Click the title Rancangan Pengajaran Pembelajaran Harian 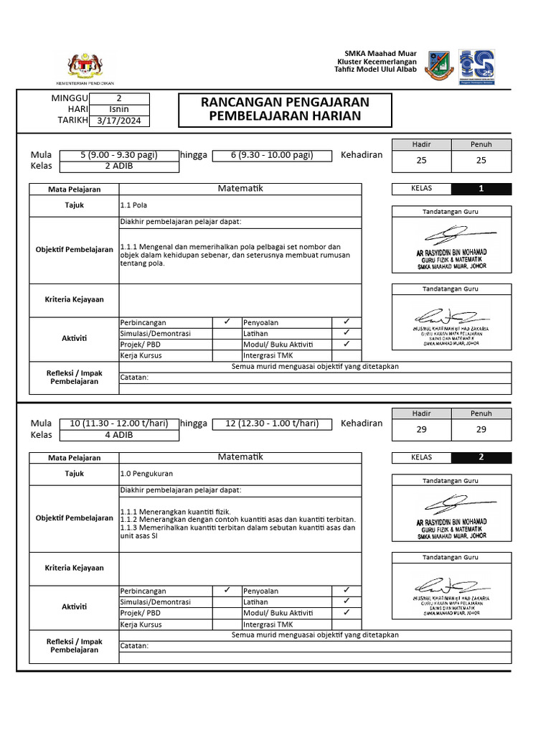pyautogui.click(x=285, y=109)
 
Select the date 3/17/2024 pyautogui.click(x=119, y=121)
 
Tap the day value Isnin pyautogui.click(x=119, y=110)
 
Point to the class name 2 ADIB pyautogui.click(x=119, y=166)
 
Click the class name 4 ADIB pyautogui.click(x=119, y=434)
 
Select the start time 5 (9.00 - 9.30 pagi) pyautogui.click(x=119, y=155)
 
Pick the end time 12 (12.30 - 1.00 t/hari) pyautogui.click(x=272, y=423)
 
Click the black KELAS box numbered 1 pyautogui.click(x=481, y=189)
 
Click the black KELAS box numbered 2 pyautogui.click(x=481, y=457)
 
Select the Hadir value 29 pyautogui.click(x=422, y=429)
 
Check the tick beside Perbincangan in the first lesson pyautogui.click(x=226, y=322)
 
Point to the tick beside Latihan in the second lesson pyautogui.click(x=346, y=601)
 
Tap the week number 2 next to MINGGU pyautogui.click(x=119, y=98)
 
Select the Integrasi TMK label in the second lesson pyautogui.click(x=268, y=624)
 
